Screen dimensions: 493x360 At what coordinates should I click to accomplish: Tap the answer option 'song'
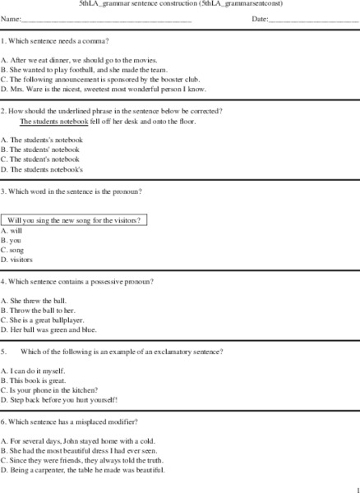point(16,249)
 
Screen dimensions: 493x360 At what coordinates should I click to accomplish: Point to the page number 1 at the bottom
point(355,487)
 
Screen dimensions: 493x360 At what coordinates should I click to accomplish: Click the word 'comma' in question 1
point(98,39)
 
